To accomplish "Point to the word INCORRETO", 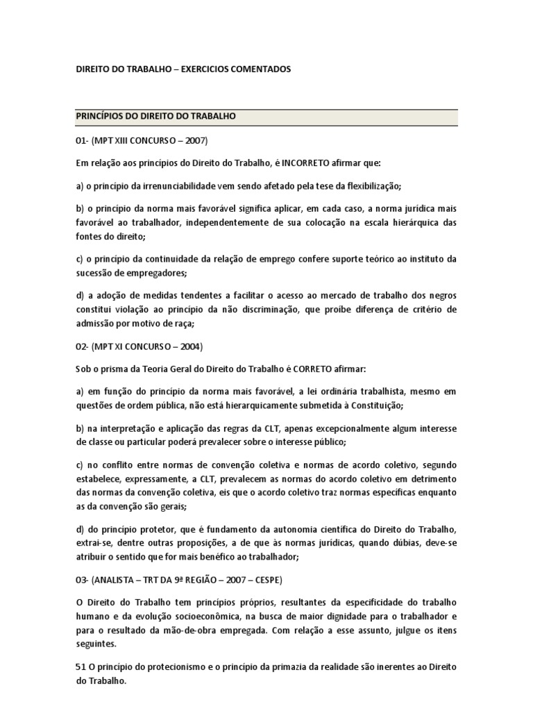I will (307, 163).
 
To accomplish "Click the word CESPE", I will (266, 579).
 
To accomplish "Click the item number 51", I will (80, 667).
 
